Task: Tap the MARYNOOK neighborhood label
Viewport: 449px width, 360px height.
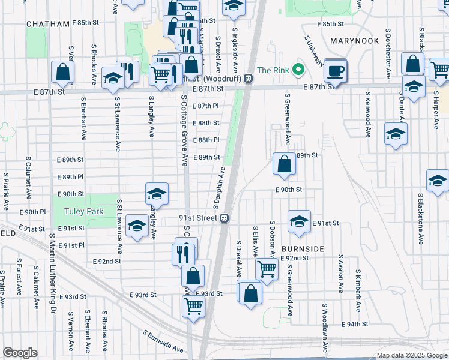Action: pyautogui.click(x=354, y=40)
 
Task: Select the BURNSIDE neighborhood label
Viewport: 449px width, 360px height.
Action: pyautogui.click(x=303, y=248)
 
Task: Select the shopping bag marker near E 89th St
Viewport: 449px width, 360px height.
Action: pyautogui.click(x=284, y=163)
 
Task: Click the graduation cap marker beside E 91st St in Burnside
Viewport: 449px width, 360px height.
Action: pyautogui.click(x=298, y=221)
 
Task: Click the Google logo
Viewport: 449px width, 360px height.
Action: pyautogui.click(x=20, y=353)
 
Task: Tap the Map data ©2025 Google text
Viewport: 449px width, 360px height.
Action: pyautogui.click(x=412, y=355)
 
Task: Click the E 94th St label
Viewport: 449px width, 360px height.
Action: pyautogui.click(x=354, y=324)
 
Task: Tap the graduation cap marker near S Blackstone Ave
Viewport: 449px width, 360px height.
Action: pyautogui.click(x=438, y=180)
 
